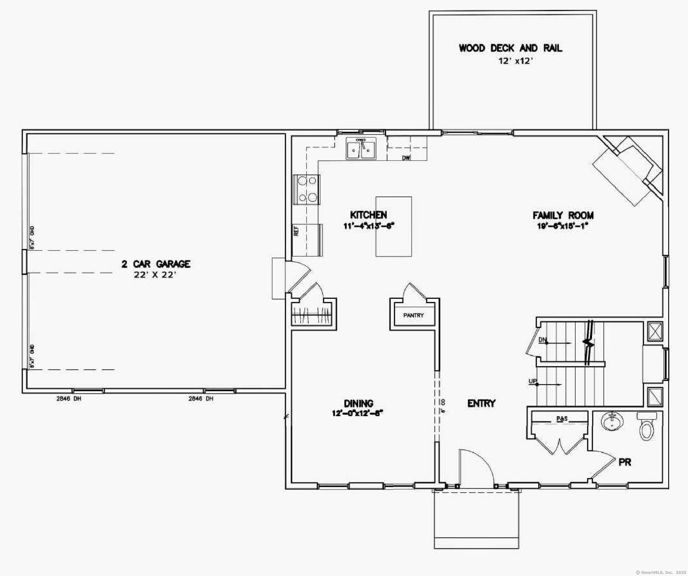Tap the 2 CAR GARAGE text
(x=156, y=264)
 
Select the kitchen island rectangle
(x=394, y=226)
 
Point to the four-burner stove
(x=307, y=189)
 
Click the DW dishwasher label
(x=406, y=158)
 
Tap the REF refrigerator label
(x=296, y=231)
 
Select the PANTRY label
(x=413, y=315)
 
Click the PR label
(x=625, y=463)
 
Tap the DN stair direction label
(x=542, y=340)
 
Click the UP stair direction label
(x=532, y=381)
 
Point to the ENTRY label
(x=481, y=403)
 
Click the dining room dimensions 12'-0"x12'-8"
(x=357, y=413)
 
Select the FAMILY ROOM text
(x=563, y=215)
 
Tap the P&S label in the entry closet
(x=562, y=419)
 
